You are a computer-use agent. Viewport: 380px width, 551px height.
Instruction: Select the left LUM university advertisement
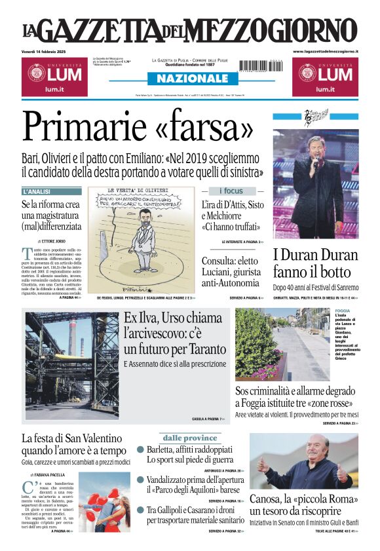(54, 77)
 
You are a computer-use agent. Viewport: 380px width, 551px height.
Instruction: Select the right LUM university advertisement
(325, 77)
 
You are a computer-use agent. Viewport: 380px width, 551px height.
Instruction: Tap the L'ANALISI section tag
(38, 192)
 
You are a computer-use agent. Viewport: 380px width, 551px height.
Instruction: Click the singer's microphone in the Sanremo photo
(315, 161)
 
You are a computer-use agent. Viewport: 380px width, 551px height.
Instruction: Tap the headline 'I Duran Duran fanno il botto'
(315, 263)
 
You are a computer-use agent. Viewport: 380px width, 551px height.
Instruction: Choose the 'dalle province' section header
(190, 438)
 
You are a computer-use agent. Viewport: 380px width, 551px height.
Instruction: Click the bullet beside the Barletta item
(140, 450)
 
